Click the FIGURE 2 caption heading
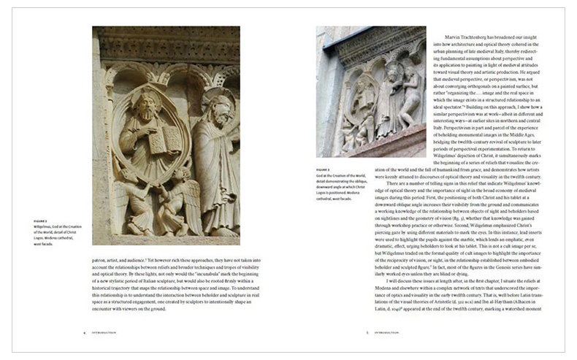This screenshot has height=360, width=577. [41, 219]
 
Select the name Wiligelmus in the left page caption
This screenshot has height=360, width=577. [47, 225]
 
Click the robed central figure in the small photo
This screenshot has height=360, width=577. [387, 95]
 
